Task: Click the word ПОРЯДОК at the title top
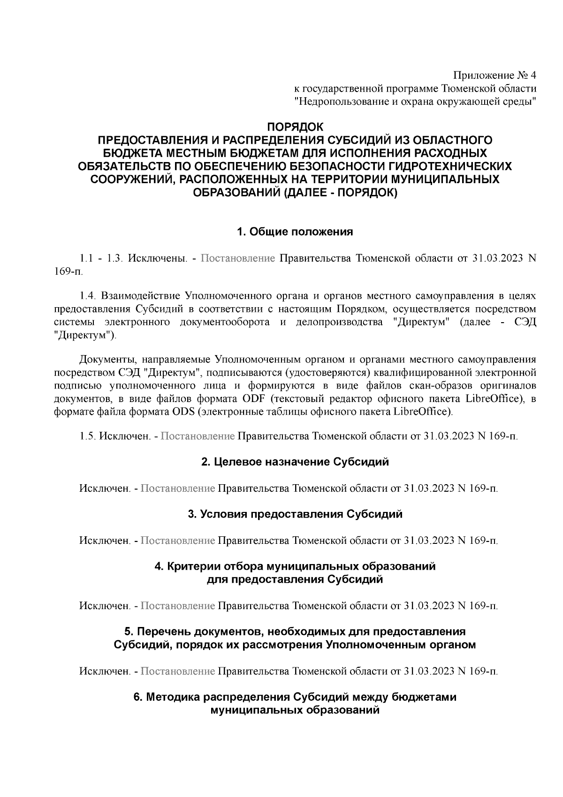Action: [x=295, y=127]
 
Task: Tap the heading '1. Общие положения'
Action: [x=295, y=232]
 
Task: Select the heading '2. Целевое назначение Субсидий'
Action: [x=295, y=462]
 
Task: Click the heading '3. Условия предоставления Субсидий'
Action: [x=295, y=514]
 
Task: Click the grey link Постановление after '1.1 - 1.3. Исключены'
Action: [x=238, y=259]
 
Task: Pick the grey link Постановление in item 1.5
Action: [x=198, y=436]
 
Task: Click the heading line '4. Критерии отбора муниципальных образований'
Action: [x=295, y=566]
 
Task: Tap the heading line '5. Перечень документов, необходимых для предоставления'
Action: [x=295, y=632]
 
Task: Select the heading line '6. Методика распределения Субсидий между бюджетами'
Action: [x=295, y=697]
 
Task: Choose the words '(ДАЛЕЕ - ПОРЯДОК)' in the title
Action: [x=340, y=193]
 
